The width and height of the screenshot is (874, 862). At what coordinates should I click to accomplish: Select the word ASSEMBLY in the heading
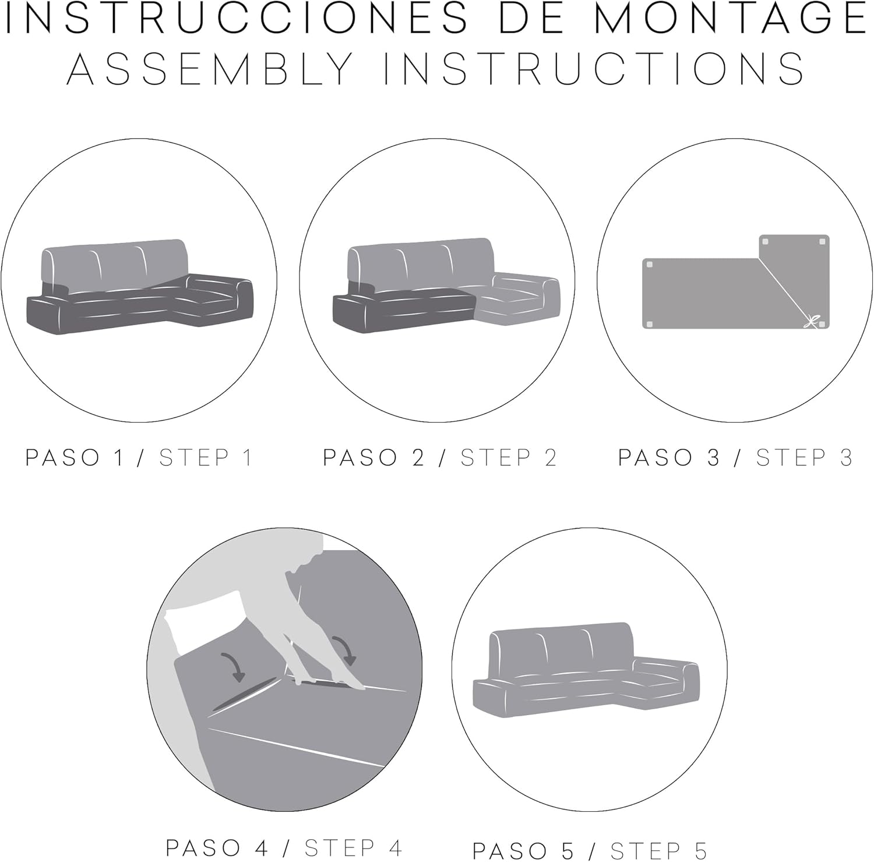(210, 68)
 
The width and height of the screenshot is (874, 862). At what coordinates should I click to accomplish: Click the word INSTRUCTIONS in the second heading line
(594, 68)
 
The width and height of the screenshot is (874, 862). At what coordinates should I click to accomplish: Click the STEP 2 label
(509, 458)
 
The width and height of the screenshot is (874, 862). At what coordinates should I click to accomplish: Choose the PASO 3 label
(669, 458)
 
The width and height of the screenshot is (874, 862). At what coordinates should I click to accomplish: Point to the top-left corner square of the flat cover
(650, 265)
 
